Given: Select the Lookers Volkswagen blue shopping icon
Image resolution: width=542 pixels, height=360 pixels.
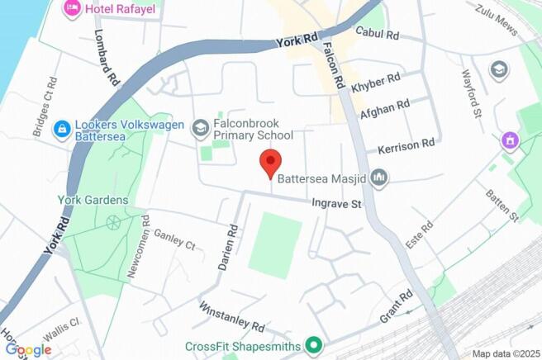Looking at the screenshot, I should tap(62, 130).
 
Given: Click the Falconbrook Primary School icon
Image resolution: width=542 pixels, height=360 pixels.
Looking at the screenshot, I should tap(199, 128).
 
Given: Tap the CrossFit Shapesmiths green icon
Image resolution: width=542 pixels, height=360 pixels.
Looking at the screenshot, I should tap(313, 345).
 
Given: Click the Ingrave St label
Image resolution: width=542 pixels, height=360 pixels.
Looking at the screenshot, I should tap(337, 202).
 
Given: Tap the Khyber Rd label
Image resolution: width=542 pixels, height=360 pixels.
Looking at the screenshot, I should tap(375, 83).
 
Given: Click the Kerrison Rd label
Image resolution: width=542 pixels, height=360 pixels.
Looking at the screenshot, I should tap(406, 146).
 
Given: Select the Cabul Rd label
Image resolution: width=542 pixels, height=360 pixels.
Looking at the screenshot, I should tap(377, 34).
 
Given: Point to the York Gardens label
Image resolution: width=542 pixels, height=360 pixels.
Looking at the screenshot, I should tap(93, 200).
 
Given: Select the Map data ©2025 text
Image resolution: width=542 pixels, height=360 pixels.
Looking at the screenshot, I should tap(504, 353).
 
